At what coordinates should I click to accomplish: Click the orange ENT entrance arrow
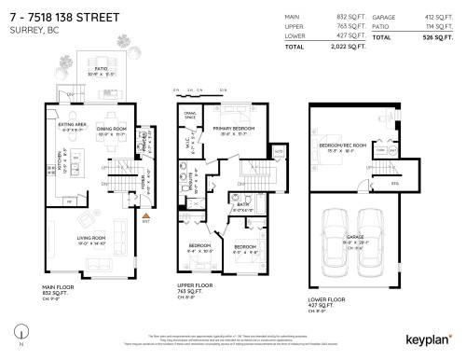pyautogui.click(x=145, y=215)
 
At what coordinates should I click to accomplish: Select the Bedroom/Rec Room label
pyautogui.click(x=341, y=145)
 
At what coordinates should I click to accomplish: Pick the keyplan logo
pyautogui.click(x=429, y=341)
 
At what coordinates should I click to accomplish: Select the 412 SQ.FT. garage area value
pyautogui.click(x=438, y=18)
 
